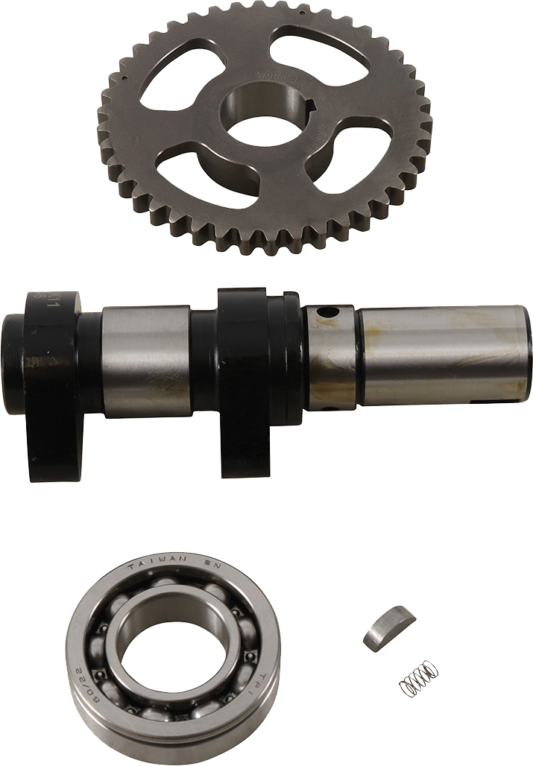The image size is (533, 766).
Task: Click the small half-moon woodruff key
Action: (388, 627)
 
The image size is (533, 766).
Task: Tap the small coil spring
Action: (418, 678)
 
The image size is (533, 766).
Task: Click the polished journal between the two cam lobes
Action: (146, 361)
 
